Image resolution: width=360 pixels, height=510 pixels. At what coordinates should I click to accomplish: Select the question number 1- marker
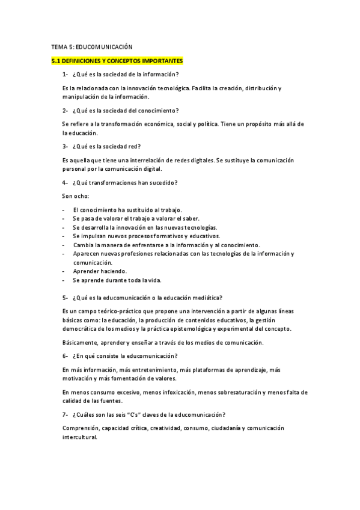(65, 75)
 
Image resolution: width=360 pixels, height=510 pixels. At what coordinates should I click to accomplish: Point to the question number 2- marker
(65, 110)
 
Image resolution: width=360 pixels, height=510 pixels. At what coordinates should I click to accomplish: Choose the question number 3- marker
(65, 146)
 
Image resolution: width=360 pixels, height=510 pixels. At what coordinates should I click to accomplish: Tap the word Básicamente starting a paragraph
(80, 342)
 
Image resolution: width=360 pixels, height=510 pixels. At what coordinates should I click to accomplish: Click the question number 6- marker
(65, 355)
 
